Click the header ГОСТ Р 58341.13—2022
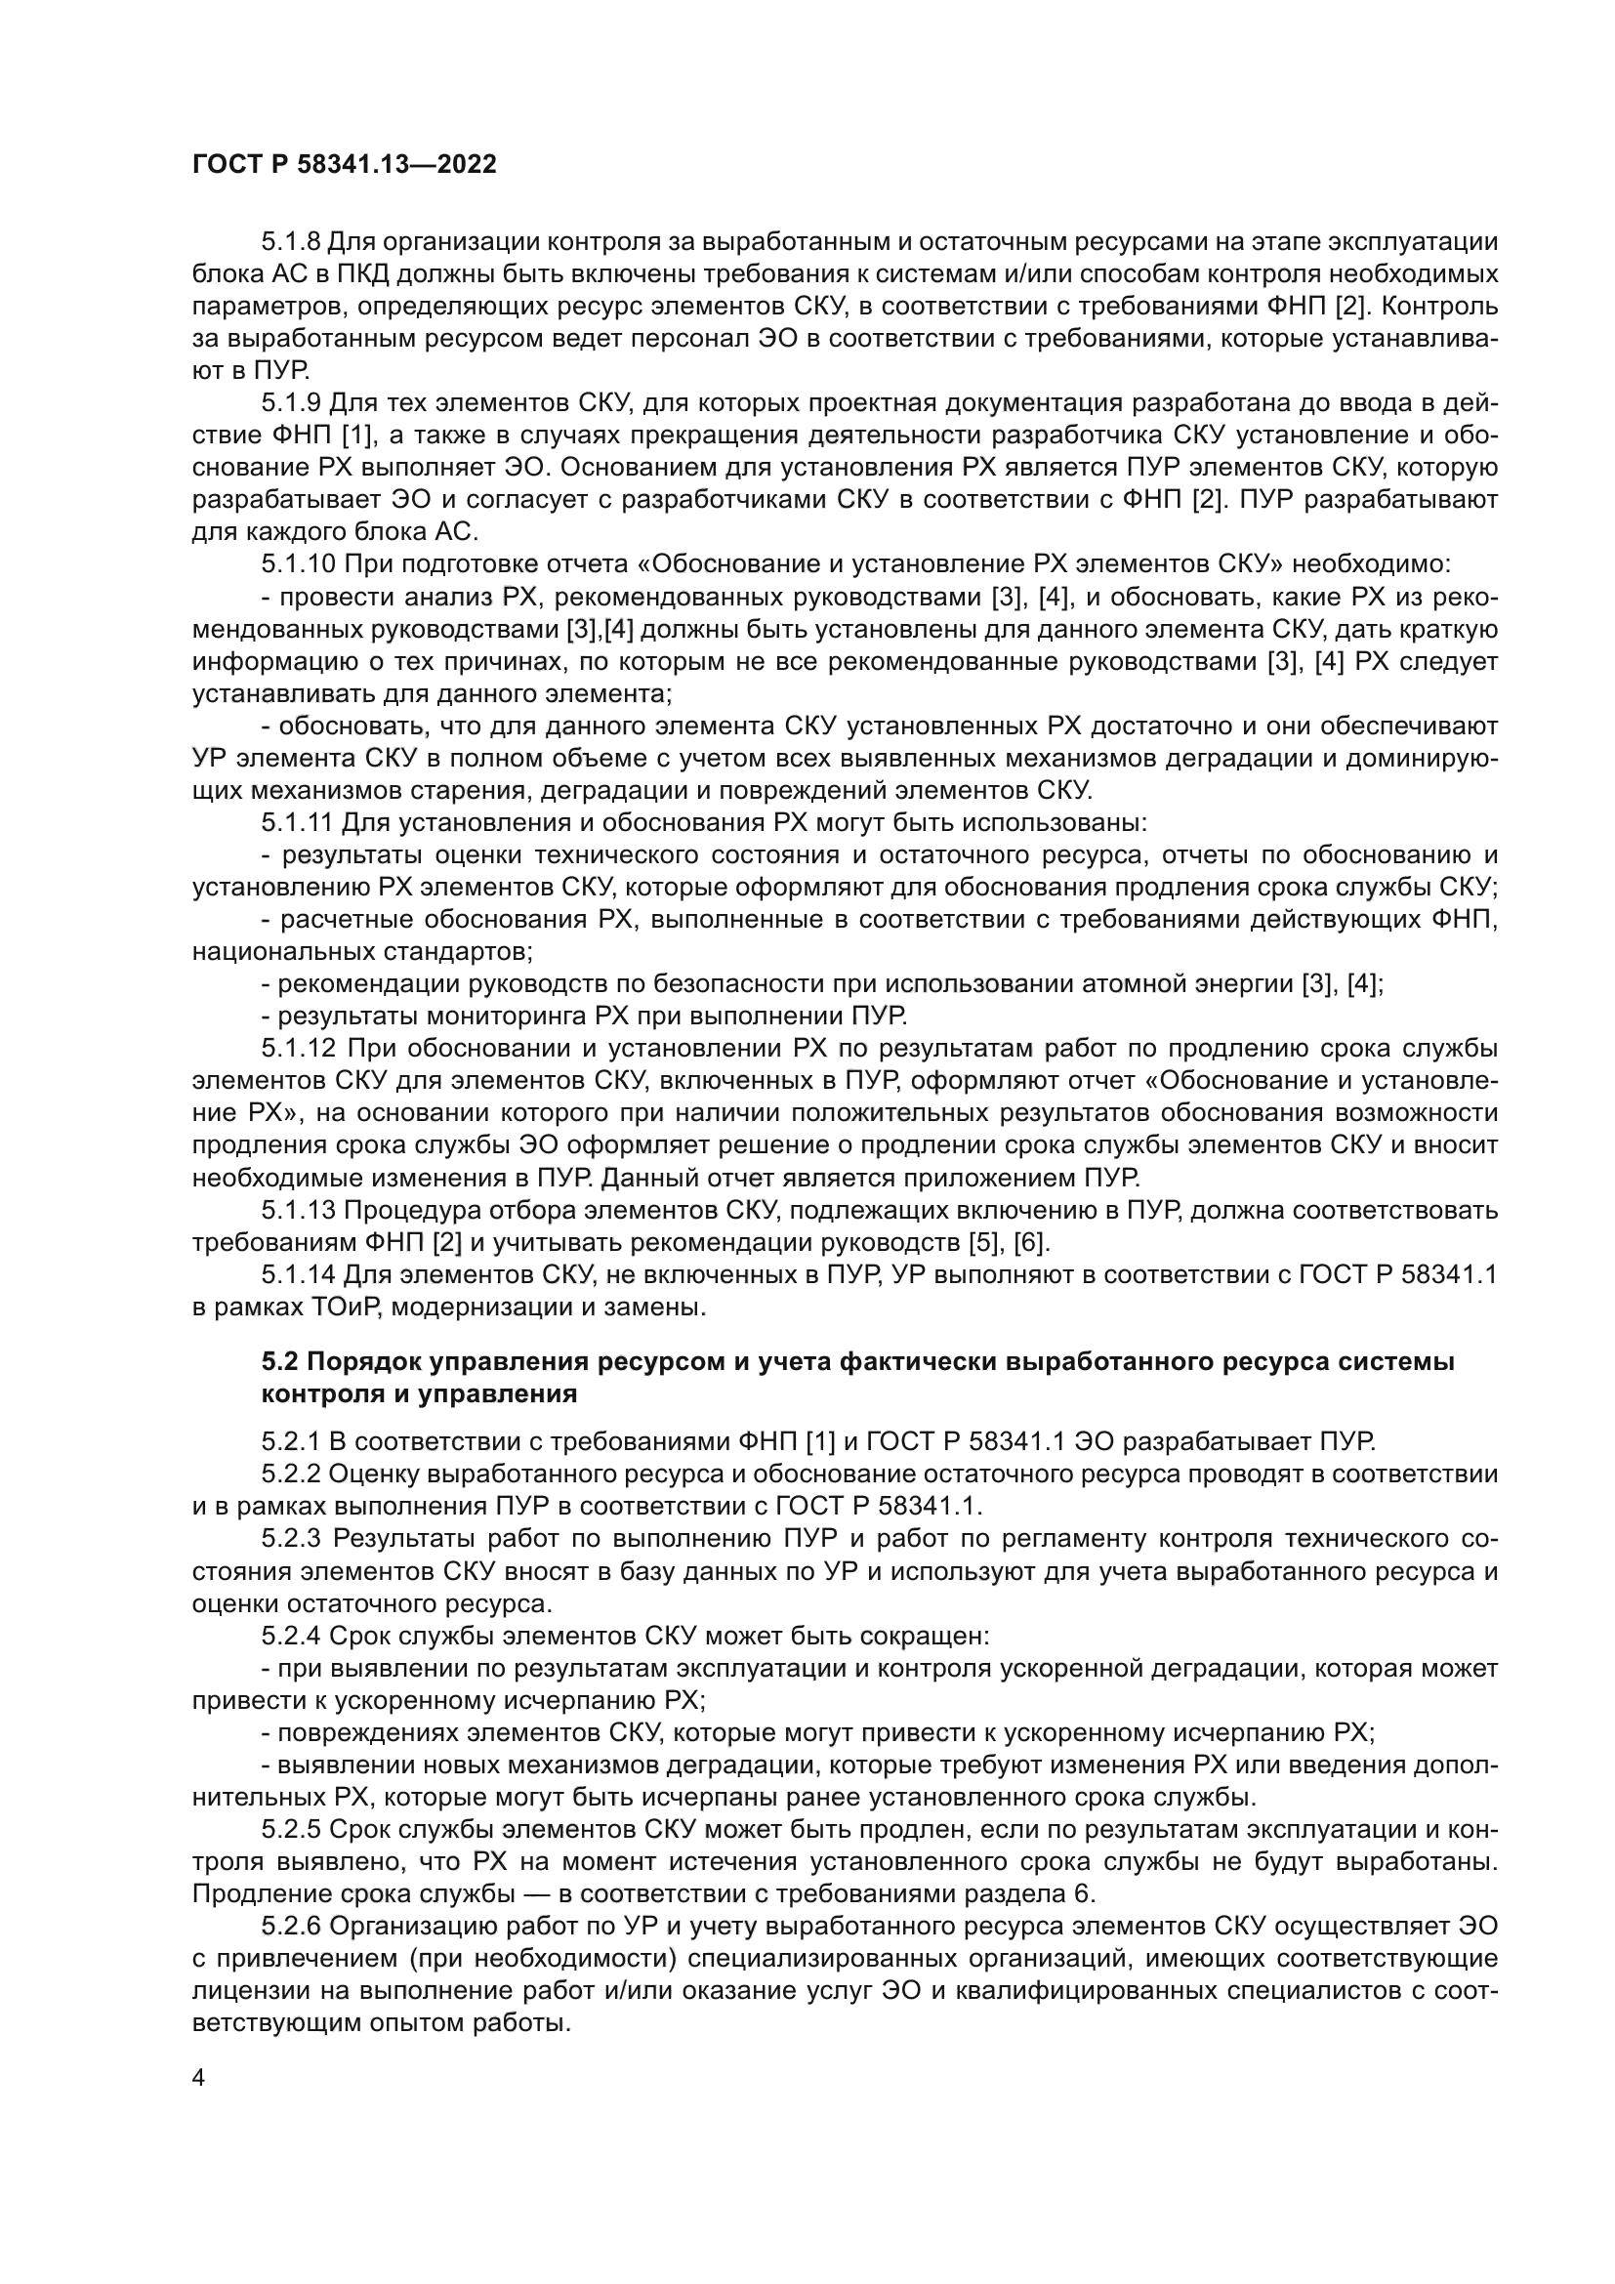click(x=344, y=165)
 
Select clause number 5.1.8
click(x=291, y=242)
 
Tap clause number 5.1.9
click(x=291, y=403)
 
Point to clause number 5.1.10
click(x=300, y=564)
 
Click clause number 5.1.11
click(x=299, y=822)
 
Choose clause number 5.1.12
click(x=300, y=1049)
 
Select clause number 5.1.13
click(x=300, y=1210)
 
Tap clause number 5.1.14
click(x=300, y=1274)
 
